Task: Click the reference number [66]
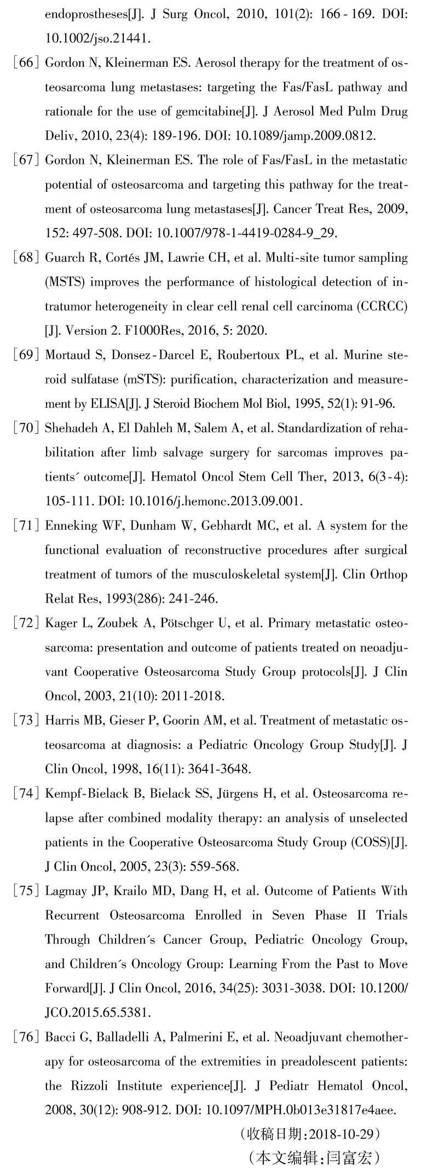[26, 62]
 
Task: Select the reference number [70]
[26, 428]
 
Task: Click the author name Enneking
[68, 526]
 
